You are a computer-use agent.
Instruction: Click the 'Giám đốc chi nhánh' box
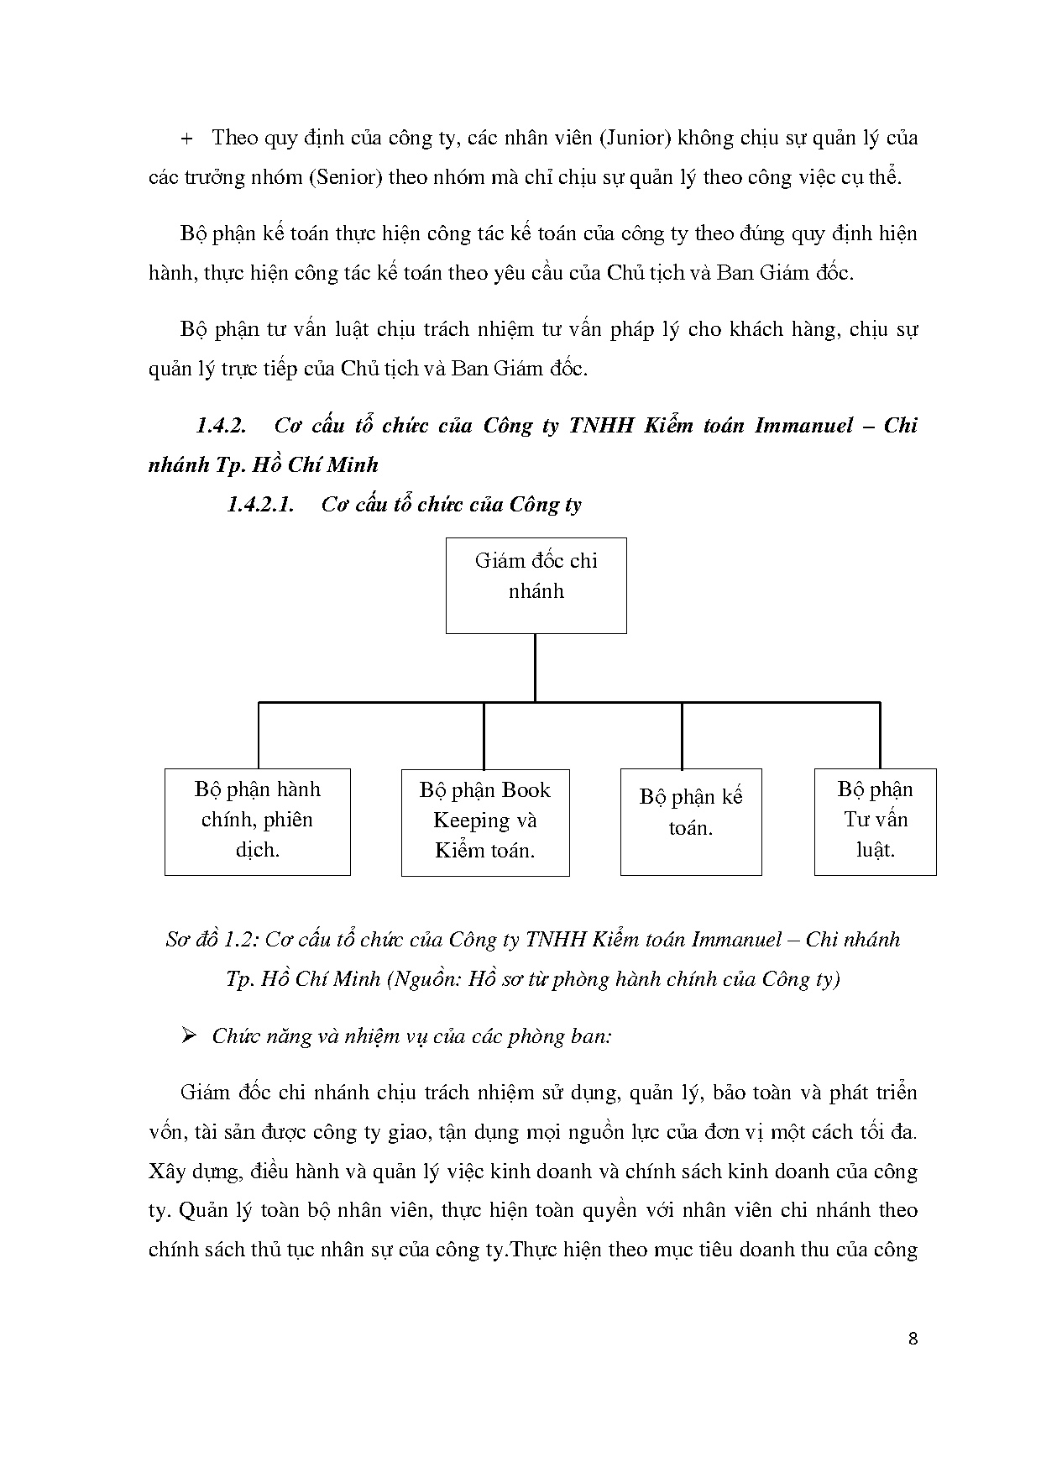pyautogui.click(x=536, y=585)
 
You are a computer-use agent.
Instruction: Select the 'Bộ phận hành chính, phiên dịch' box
pyautogui.click(x=257, y=821)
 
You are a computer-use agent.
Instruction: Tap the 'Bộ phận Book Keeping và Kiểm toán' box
pyautogui.click(x=485, y=822)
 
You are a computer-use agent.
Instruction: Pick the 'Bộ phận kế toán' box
pyautogui.click(x=690, y=821)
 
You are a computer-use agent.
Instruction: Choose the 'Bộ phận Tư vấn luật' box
pyautogui.click(x=875, y=821)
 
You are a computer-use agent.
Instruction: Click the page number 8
pyautogui.click(x=913, y=1339)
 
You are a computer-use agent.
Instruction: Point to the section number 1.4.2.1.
pyautogui.click(x=260, y=505)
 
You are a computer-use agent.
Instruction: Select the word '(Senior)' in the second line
pyautogui.click(x=344, y=177)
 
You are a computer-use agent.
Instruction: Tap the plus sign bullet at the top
pyautogui.click(x=186, y=139)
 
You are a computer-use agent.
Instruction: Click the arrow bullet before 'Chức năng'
pyautogui.click(x=189, y=1035)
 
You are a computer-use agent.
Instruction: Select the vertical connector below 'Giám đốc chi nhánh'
pyautogui.click(x=535, y=667)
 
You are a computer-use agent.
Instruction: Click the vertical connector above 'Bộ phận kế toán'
pyautogui.click(x=682, y=735)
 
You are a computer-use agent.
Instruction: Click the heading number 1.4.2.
pyautogui.click(x=221, y=426)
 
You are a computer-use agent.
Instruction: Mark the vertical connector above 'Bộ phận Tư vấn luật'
pyautogui.click(x=879, y=735)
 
